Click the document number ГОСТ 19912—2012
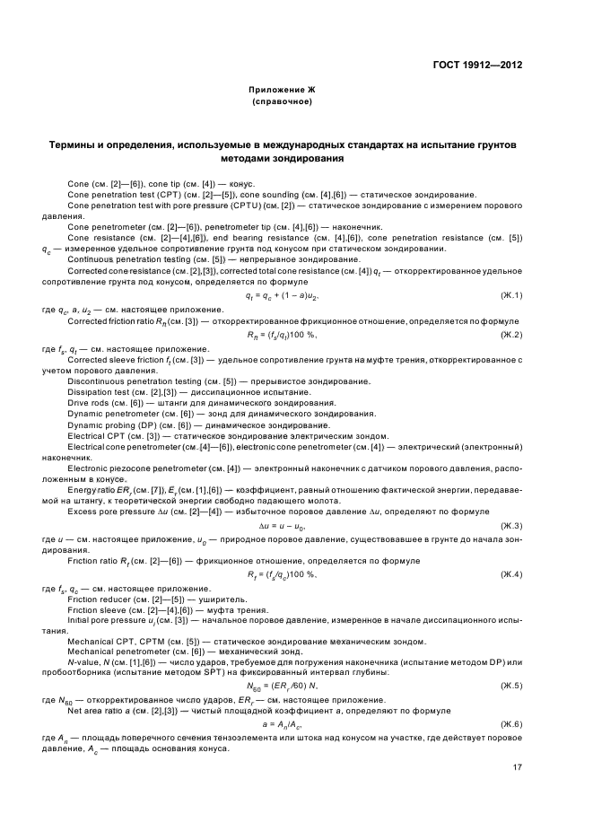pos(476,65)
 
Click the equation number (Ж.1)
pos(511,295)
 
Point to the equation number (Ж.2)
pos(511,334)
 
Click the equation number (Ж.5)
pos(511,685)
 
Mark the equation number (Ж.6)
pos(511,722)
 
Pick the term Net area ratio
pos(93,710)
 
